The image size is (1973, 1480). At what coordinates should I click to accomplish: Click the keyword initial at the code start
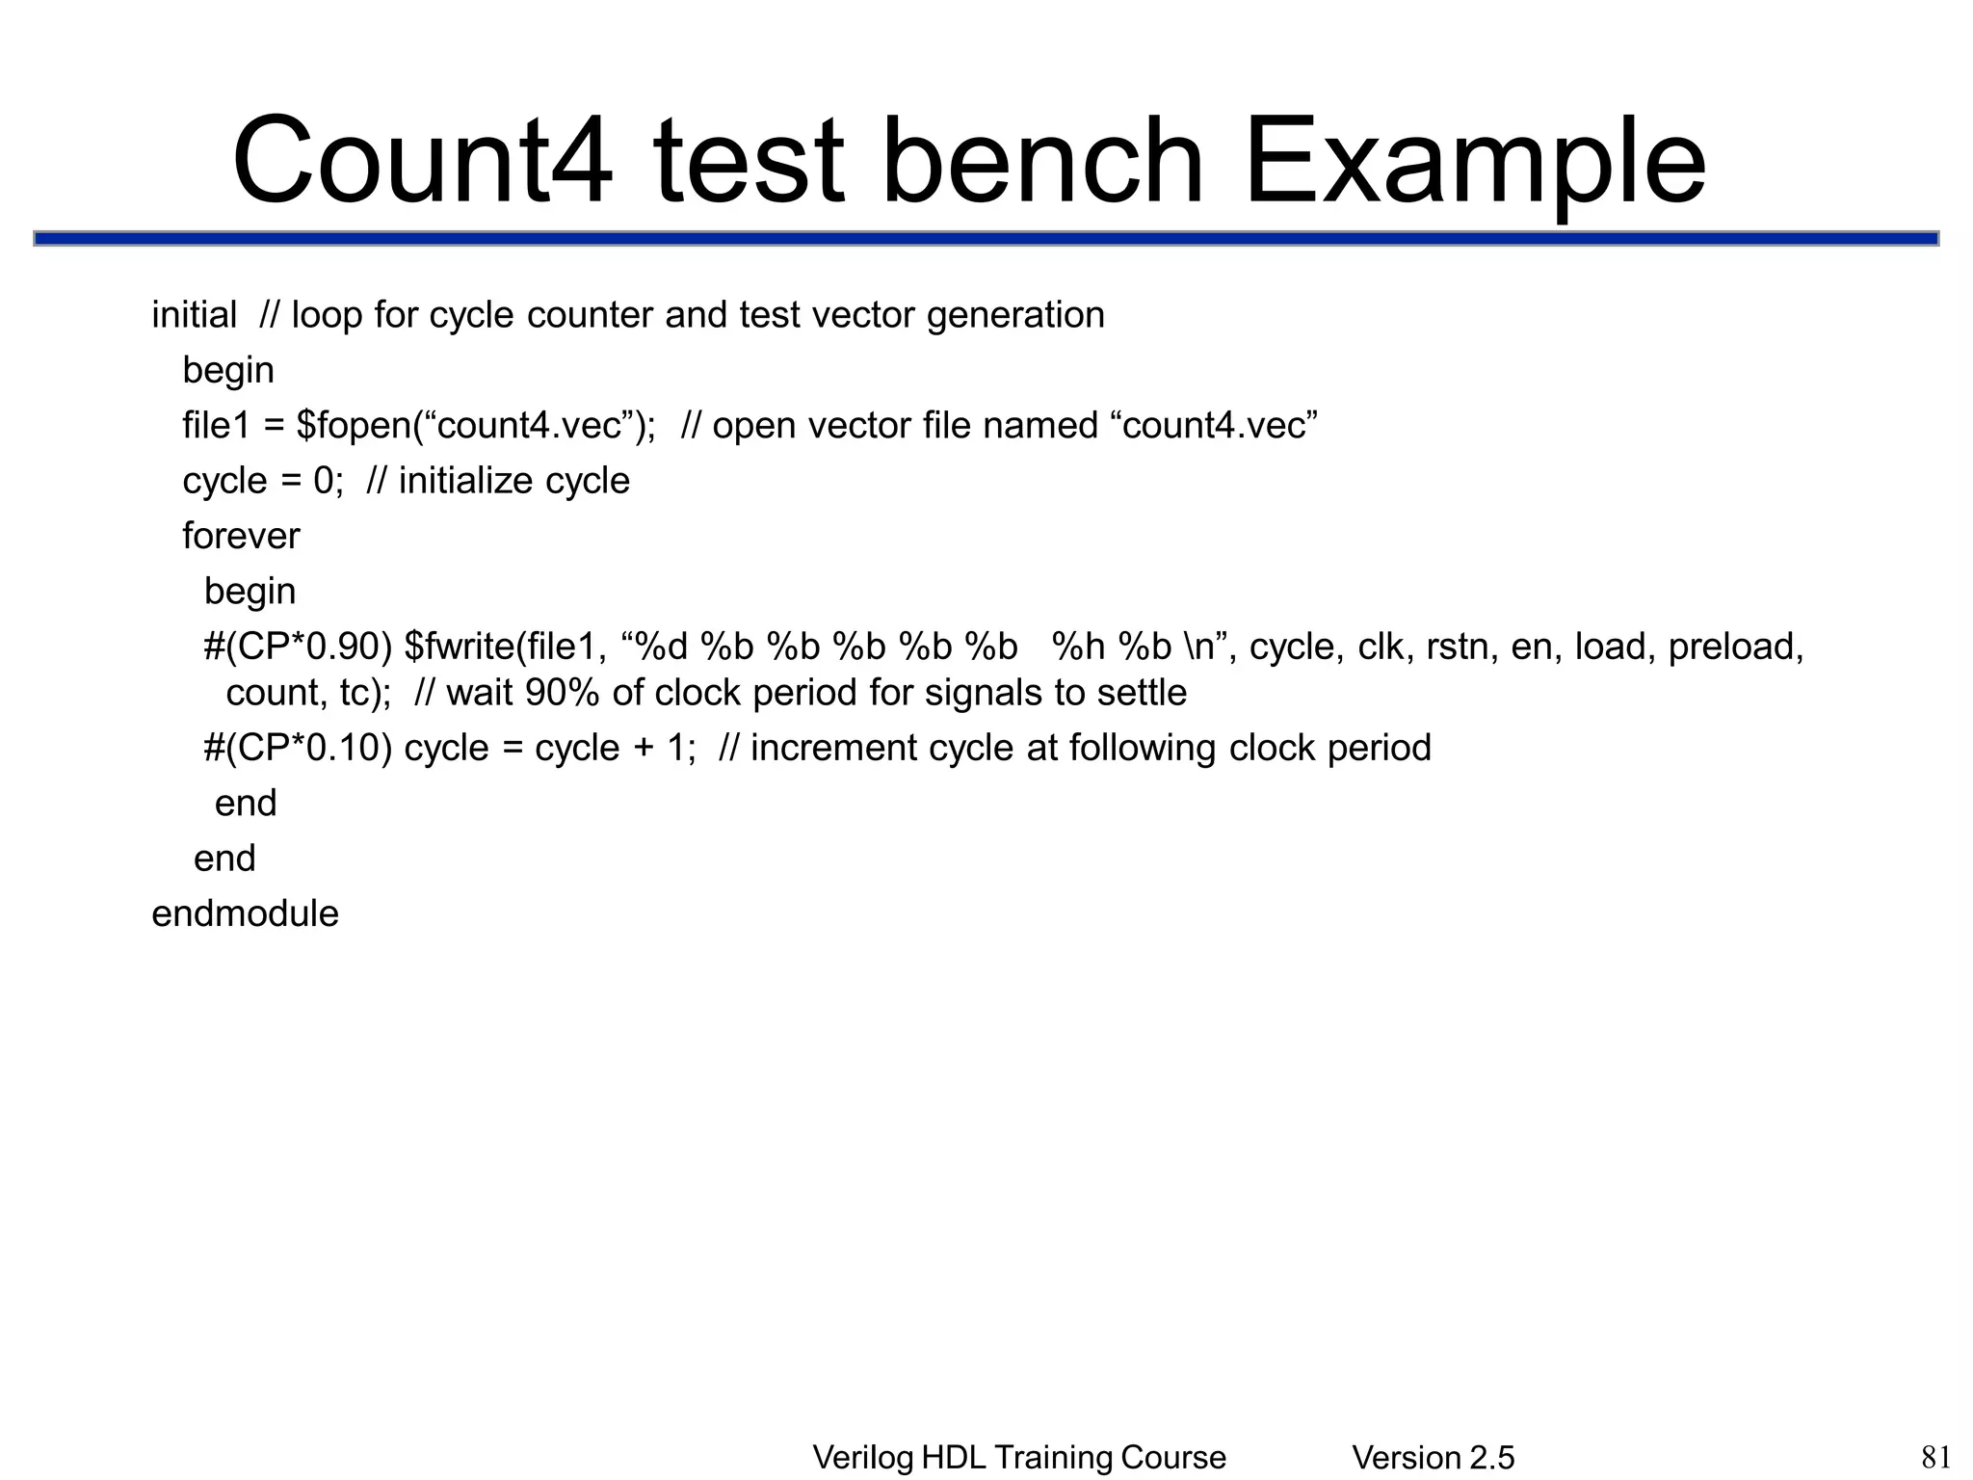tap(194, 315)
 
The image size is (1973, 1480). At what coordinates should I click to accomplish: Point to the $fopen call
tap(354, 426)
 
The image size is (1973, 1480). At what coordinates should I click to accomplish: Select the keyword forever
tap(241, 536)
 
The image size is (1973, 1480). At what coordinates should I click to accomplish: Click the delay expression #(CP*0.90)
tap(298, 647)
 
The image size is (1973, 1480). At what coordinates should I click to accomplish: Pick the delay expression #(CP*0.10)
tap(298, 748)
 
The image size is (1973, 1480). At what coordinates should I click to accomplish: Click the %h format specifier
tap(1079, 647)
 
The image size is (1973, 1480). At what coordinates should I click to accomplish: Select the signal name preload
tap(1735, 647)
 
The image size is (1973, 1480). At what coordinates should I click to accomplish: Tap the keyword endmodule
tap(246, 913)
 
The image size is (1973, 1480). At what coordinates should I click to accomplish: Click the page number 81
tap(1935, 1457)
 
